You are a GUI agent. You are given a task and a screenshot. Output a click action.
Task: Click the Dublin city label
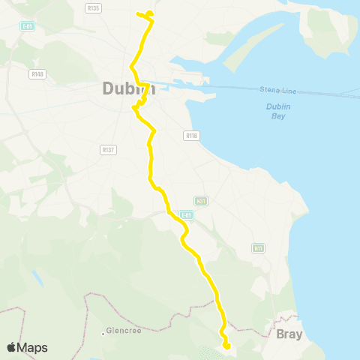128,88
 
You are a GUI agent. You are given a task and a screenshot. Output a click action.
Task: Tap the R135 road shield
93,7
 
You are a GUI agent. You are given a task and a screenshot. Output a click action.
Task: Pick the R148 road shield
37,73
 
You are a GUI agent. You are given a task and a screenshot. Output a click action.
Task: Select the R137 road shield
106,149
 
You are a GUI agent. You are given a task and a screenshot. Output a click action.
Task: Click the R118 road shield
190,136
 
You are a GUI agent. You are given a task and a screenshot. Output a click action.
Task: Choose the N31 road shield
200,201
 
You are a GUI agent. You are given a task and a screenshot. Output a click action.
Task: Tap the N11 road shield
259,247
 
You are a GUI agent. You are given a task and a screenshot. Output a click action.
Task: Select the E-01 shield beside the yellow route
187,215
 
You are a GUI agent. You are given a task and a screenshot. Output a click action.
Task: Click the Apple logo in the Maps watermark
12,347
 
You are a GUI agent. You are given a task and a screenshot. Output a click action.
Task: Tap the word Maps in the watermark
33,347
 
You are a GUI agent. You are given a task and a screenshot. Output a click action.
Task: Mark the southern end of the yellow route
226,346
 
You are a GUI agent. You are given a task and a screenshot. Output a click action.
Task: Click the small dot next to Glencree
103,332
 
